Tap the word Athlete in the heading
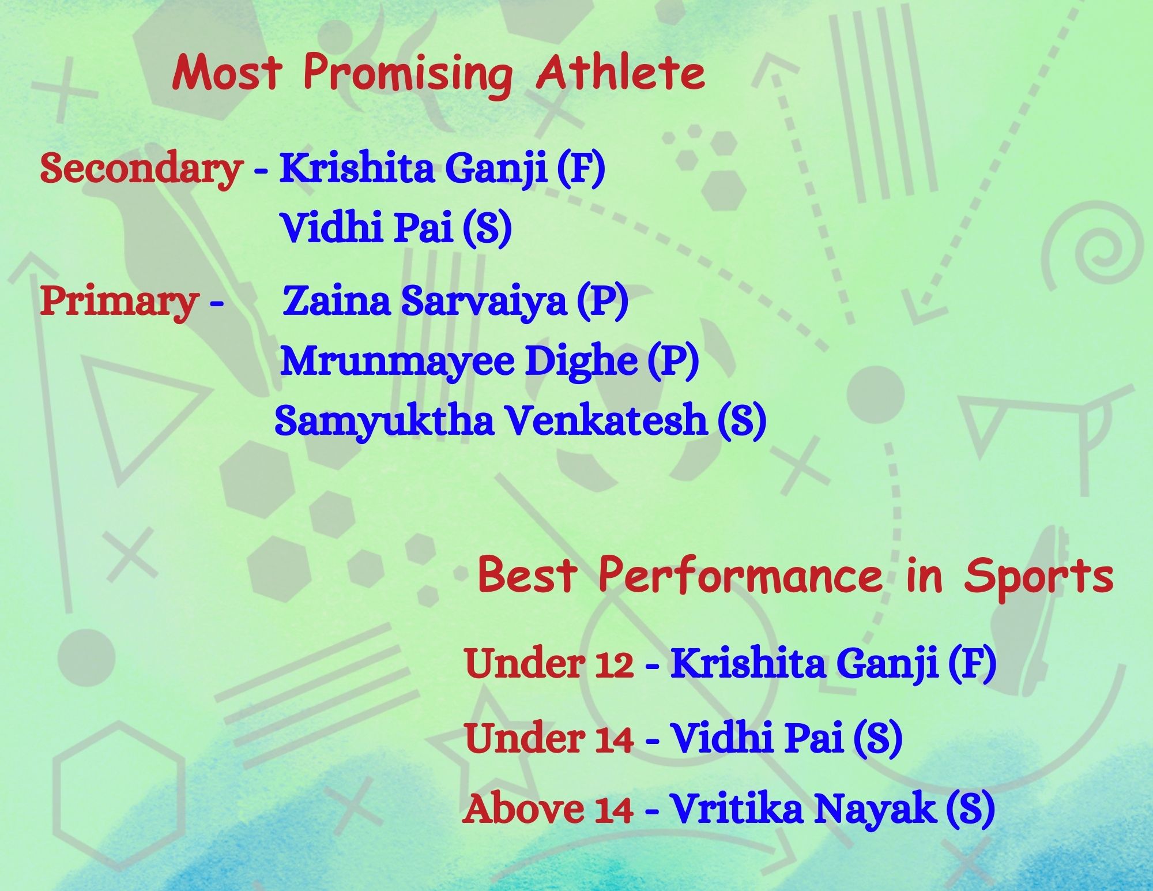click(x=620, y=73)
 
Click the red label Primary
click(x=119, y=302)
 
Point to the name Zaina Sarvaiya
click(x=424, y=300)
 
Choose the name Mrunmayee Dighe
click(x=459, y=362)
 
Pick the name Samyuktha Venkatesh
click(x=491, y=422)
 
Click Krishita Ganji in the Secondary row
click(x=413, y=170)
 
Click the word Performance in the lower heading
click(x=740, y=576)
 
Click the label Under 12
click(x=549, y=663)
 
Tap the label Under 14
click(x=549, y=738)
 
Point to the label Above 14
click(x=548, y=808)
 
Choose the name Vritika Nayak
click(x=802, y=808)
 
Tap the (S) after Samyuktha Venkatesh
click(x=742, y=420)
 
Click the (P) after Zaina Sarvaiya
click(x=602, y=301)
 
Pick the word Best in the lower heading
click(x=527, y=576)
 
